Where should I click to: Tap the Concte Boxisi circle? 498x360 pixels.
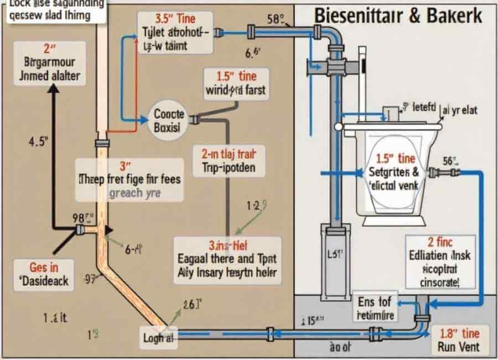point(168,120)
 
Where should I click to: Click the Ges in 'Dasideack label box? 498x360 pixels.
point(45,274)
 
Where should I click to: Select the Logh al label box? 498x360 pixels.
point(159,337)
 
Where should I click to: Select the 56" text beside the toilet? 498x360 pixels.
point(451,161)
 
